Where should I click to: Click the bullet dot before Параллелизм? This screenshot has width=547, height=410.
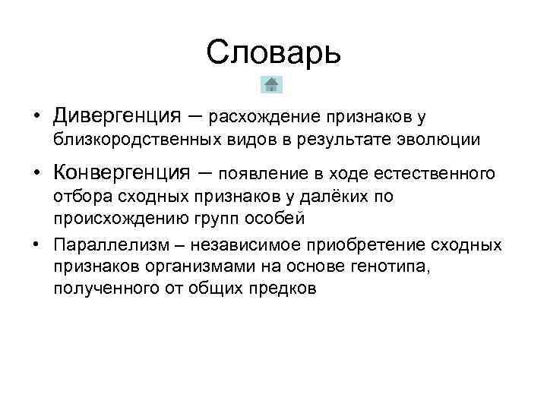click(36, 244)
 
